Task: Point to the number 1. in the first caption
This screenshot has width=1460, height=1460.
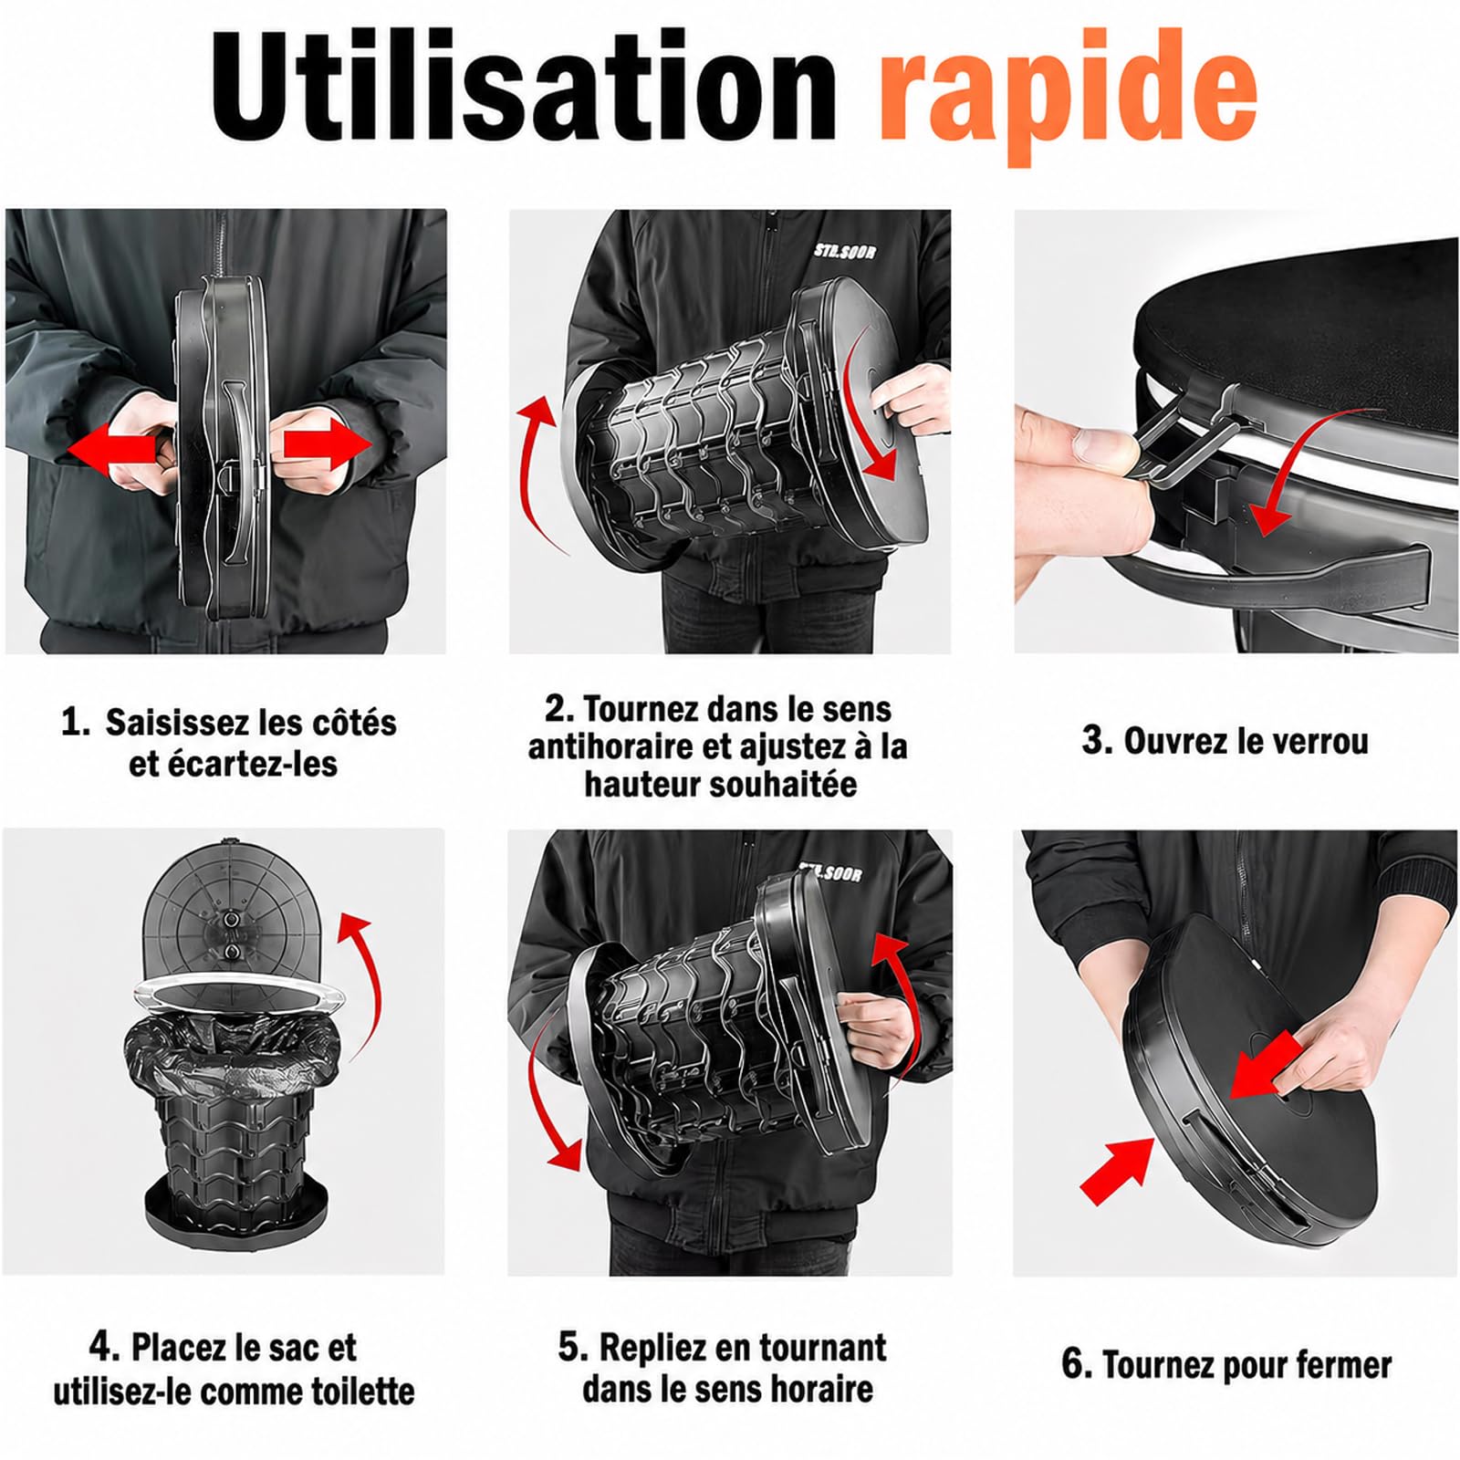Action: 76,724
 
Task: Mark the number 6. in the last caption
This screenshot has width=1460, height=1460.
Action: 1077,1365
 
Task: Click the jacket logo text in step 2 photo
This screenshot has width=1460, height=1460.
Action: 844,250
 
